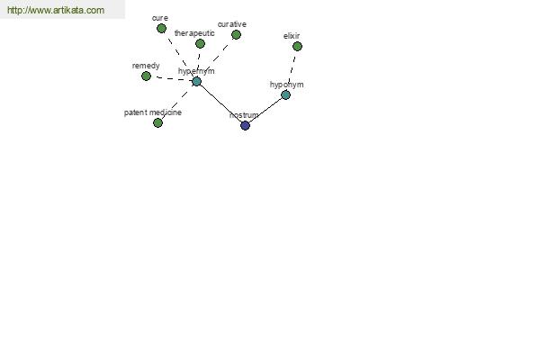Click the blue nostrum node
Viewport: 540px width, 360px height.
pos(245,125)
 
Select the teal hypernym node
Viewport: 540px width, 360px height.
pos(196,82)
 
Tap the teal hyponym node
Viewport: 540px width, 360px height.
pos(285,94)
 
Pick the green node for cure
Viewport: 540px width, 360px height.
pos(161,28)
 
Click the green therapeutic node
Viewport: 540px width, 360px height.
pos(200,43)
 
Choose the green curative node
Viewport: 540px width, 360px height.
pos(236,34)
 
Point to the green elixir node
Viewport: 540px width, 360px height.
pos(297,46)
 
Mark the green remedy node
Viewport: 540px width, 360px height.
pos(146,76)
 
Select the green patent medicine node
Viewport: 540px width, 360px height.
pos(157,122)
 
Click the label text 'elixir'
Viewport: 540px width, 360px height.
pos(292,36)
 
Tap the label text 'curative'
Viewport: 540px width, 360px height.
pos(232,24)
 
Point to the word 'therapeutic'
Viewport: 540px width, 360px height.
pos(194,33)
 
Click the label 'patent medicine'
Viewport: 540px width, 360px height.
pos(153,112)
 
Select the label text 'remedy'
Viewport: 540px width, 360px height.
pos(146,66)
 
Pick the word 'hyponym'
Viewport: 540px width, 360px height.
pos(286,85)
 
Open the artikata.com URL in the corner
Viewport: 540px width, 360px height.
pos(56,10)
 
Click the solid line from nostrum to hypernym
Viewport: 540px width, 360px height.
pos(220,103)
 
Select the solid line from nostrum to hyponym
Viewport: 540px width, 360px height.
pos(265,110)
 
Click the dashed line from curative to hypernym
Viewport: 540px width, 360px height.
pos(218,57)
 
